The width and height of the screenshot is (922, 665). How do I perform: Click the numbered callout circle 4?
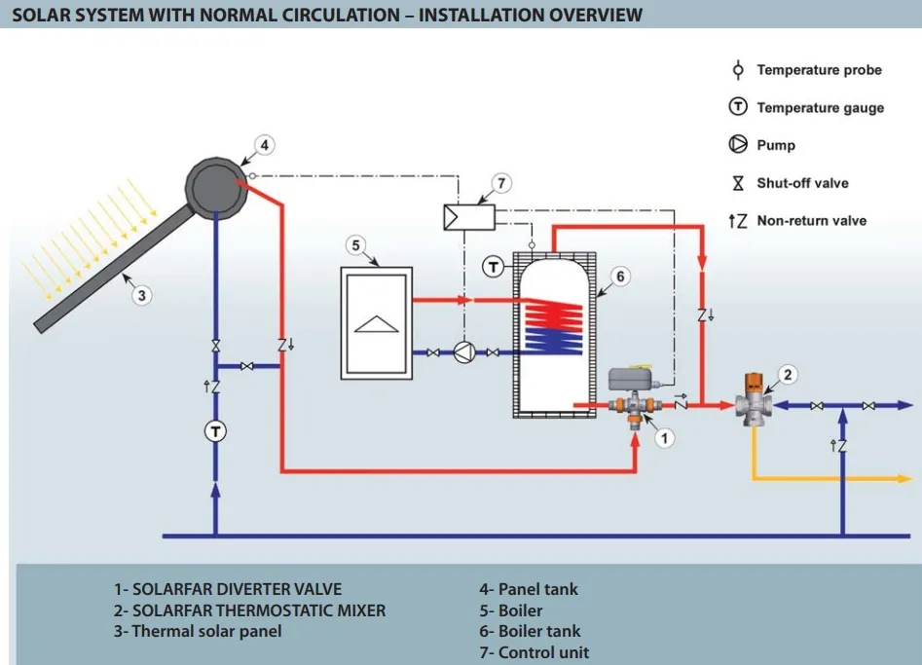click(265, 145)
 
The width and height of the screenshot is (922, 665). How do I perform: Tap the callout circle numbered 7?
click(500, 182)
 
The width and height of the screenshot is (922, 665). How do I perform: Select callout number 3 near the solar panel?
click(142, 295)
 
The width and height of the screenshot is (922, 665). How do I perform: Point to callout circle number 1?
click(664, 438)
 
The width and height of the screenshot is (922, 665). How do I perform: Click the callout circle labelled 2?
click(790, 374)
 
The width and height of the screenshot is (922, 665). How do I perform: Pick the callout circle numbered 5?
click(355, 244)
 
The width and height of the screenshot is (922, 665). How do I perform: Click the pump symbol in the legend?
click(738, 145)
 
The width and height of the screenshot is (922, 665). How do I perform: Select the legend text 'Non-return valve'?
click(811, 221)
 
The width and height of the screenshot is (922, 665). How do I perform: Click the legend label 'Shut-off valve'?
click(802, 183)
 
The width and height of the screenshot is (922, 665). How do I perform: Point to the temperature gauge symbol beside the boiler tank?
click(495, 265)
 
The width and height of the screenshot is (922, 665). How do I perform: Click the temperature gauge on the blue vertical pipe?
click(215, 432)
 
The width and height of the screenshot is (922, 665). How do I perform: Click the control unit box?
click(468, 216)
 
